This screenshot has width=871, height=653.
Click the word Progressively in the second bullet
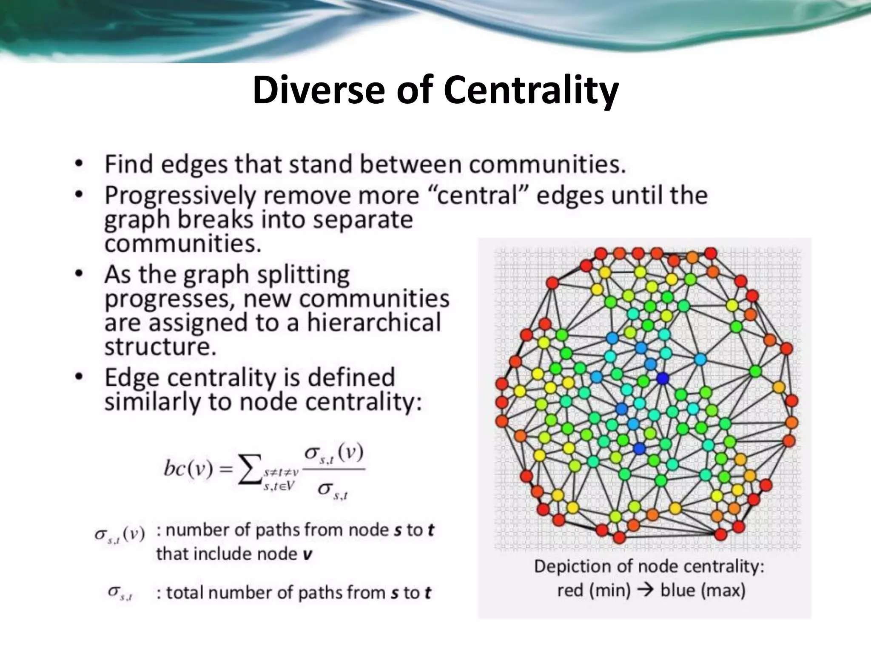[x=180, y=196]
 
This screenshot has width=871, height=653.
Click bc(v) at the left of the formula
[x=188, y=469]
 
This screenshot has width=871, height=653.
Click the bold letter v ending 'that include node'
[x=307, y=554]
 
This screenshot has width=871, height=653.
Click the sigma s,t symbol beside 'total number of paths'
[x=120, y=593]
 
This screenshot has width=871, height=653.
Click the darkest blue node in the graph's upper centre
[x=662, y=378]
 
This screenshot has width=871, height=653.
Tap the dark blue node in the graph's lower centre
[x=639, y=449]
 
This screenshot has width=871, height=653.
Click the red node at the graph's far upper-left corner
[x=552, y=283]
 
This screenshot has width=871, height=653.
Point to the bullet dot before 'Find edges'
[x=78, y=164]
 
